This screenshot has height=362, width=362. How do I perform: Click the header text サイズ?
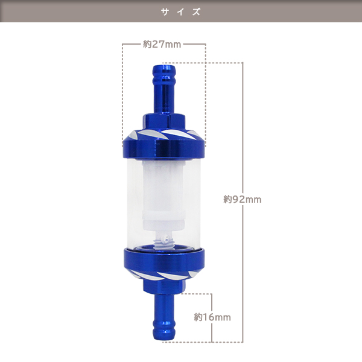tap(181, 11)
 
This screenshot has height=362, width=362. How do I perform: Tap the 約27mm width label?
tap(162, 44)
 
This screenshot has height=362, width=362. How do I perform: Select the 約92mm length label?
tap(243, 199)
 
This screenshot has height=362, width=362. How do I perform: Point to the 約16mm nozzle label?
tap(212, 317)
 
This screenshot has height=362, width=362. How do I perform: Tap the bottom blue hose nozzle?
tap(164, 317)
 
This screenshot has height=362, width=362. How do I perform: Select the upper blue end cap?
tap(164, 144)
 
